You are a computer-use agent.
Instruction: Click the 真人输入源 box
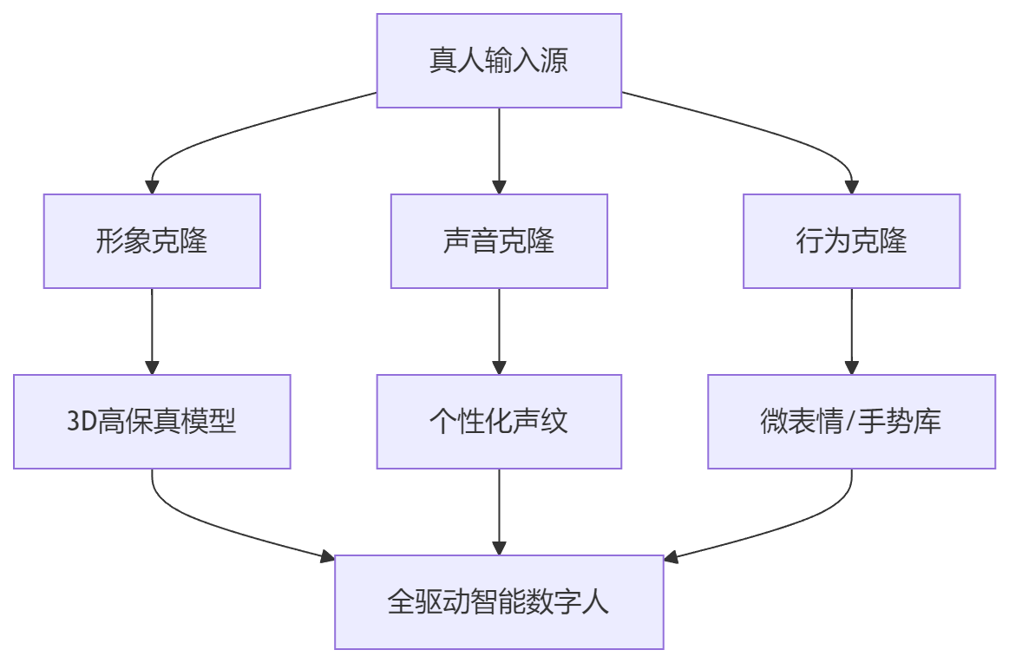coord(499,61)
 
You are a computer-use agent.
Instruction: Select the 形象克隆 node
coord(152,240)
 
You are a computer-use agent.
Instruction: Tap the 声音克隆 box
coord(499,240)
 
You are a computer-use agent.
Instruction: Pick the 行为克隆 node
coord(851,240)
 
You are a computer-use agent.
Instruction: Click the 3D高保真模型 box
coord(152,422)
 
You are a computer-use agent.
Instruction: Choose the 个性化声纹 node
coord(499,422)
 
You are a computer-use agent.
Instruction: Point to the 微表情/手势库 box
coord(851,422)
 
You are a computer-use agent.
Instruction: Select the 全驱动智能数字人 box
coord(499,602)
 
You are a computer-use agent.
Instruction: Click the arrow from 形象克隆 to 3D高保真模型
coord(152,330)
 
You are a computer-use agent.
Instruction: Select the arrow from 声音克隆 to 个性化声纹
coord(499,330)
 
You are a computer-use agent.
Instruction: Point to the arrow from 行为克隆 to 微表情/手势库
coord(851,330)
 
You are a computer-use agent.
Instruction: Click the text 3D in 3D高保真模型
coord(82,423)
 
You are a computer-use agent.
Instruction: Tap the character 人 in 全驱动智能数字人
coord(597,602)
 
